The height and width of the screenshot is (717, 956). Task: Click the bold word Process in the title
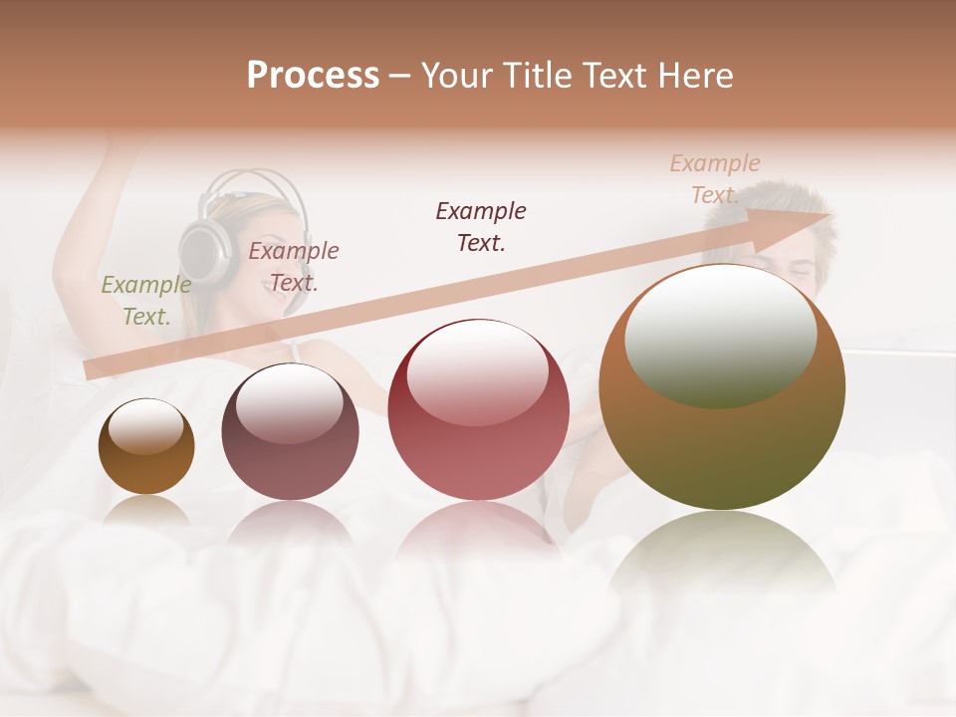click(313, 76)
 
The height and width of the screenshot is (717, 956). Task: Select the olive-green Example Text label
click(145, 301)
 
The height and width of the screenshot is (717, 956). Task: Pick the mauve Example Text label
click(294, 266)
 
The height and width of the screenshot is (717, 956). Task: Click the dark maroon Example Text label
click(481, 226)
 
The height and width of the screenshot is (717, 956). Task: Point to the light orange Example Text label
click(714, 179)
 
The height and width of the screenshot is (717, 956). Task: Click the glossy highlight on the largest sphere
click(720, 334)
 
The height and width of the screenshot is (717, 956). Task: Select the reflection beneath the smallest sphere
click(146, 511)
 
